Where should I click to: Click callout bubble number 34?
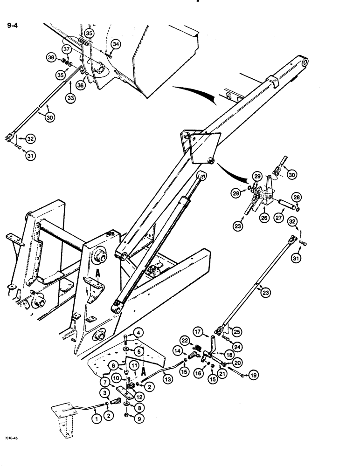tap(116, 44)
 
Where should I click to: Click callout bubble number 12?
tap(138, 397)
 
